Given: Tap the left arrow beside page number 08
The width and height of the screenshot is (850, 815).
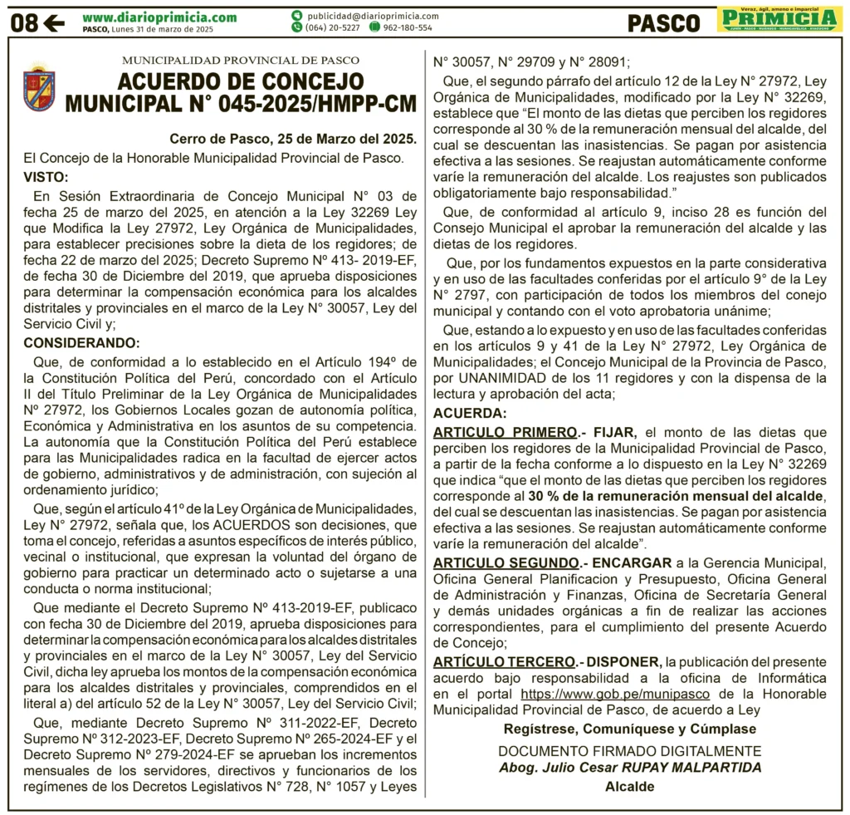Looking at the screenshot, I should pos(54,22).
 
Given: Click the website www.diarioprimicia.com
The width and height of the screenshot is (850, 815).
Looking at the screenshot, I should pos(159,17).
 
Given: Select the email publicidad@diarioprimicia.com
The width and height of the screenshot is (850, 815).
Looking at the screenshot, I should pos(372,16).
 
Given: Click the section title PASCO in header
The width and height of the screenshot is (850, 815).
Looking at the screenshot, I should pos(664,22).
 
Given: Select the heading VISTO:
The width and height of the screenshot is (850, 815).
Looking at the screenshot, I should pos(46,177).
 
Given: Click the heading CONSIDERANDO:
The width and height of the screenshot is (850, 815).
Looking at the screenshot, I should pos(81,343).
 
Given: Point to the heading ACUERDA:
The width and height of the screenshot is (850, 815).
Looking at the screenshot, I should pos(469,414).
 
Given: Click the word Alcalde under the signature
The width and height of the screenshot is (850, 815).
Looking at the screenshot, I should pos(629,787).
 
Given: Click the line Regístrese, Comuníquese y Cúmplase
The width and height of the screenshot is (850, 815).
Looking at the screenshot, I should pos(630,729).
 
